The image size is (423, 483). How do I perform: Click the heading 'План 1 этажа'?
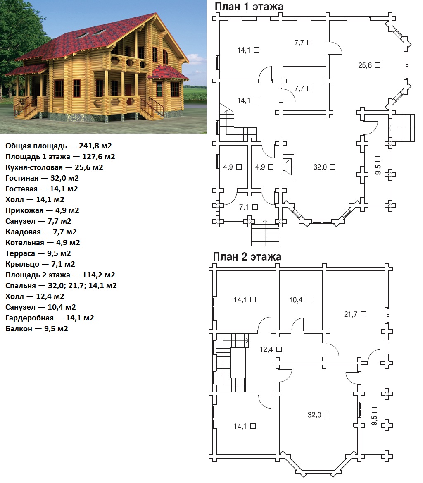tap(249, 7)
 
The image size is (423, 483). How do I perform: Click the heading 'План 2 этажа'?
tap(247, 256)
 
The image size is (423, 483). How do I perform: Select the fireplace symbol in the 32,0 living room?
tap(288, 167)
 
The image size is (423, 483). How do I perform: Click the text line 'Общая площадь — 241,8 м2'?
tap(58, 146)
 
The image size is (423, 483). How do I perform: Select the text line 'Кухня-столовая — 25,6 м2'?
tap(54, 167)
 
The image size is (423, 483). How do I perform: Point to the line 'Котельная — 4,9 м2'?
tap(43, 242)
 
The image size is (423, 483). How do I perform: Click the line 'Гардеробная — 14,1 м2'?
tap(50, 318)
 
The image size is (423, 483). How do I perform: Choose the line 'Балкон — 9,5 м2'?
tap(37, 329)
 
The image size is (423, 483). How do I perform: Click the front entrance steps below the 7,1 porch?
tap(265, 232)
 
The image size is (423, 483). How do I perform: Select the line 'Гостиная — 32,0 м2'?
tap(42, 178)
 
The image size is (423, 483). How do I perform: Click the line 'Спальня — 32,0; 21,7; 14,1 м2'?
tap(61, 286)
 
